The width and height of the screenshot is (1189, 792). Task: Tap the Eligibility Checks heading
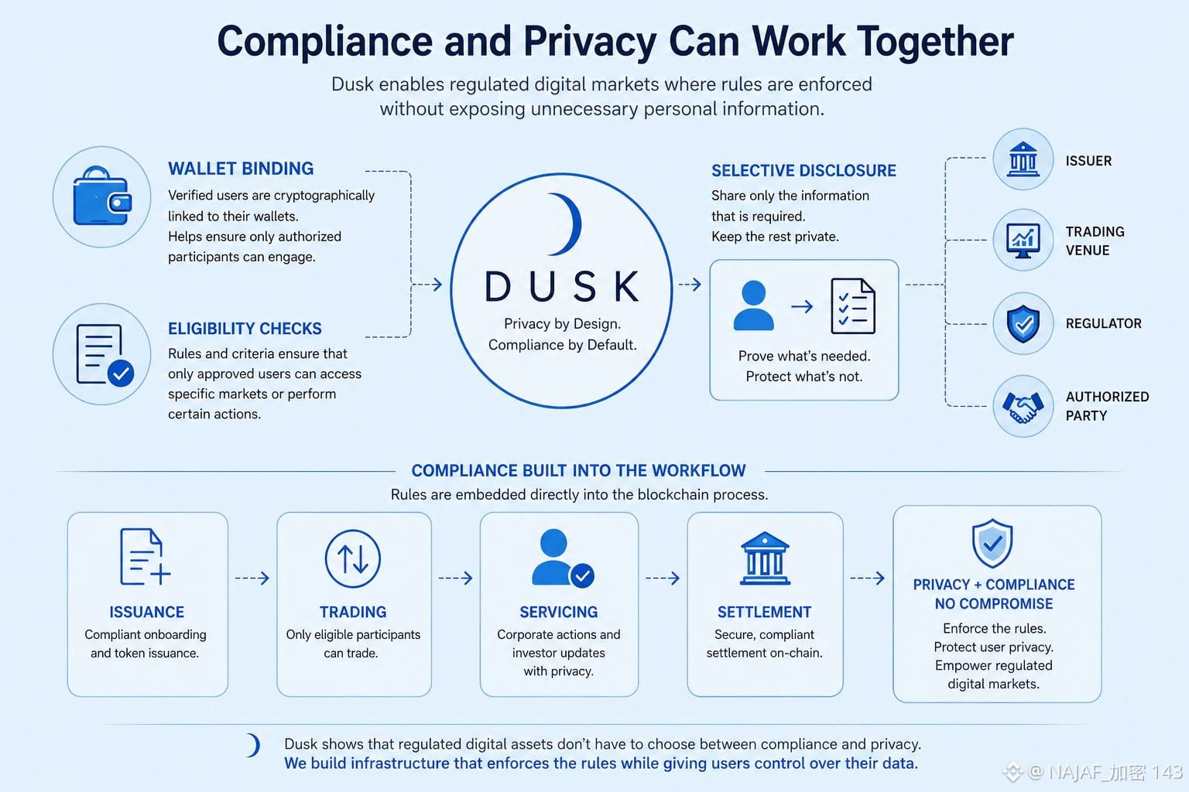[245, 329]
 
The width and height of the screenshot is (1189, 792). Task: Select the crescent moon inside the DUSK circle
[566, 224]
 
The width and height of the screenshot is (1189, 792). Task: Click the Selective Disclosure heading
[804, 171]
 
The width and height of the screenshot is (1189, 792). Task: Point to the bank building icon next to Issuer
[1023, 159]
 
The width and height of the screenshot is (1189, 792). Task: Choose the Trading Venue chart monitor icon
[1023, 241]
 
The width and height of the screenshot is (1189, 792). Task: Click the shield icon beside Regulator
[1023, 323]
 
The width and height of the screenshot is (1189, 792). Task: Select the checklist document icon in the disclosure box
[853, 306]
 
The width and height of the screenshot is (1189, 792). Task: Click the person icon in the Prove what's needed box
[753, 306]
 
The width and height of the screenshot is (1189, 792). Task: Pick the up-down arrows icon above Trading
[353, 558]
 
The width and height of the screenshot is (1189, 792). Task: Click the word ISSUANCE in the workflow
[146, 612]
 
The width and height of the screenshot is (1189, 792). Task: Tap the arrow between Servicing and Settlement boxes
[663, 578]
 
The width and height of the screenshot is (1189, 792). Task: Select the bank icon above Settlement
[764, 558]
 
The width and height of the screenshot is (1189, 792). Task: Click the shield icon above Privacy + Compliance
[992, 543]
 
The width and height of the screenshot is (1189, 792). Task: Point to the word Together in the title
[935, 41]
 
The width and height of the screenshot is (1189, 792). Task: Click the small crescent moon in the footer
[253, 746]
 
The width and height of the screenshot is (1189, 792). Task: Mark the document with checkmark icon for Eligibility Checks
[105, 355]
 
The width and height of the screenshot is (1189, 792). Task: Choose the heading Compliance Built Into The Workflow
[578, 470]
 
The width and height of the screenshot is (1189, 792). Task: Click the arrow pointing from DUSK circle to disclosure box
[690, 285]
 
